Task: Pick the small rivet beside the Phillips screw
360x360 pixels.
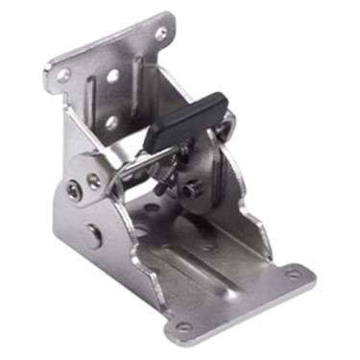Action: [x=92, y=180]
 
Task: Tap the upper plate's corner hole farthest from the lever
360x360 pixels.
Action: [x=63, y=74]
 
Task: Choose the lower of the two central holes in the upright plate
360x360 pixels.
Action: [x=111, y=123]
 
